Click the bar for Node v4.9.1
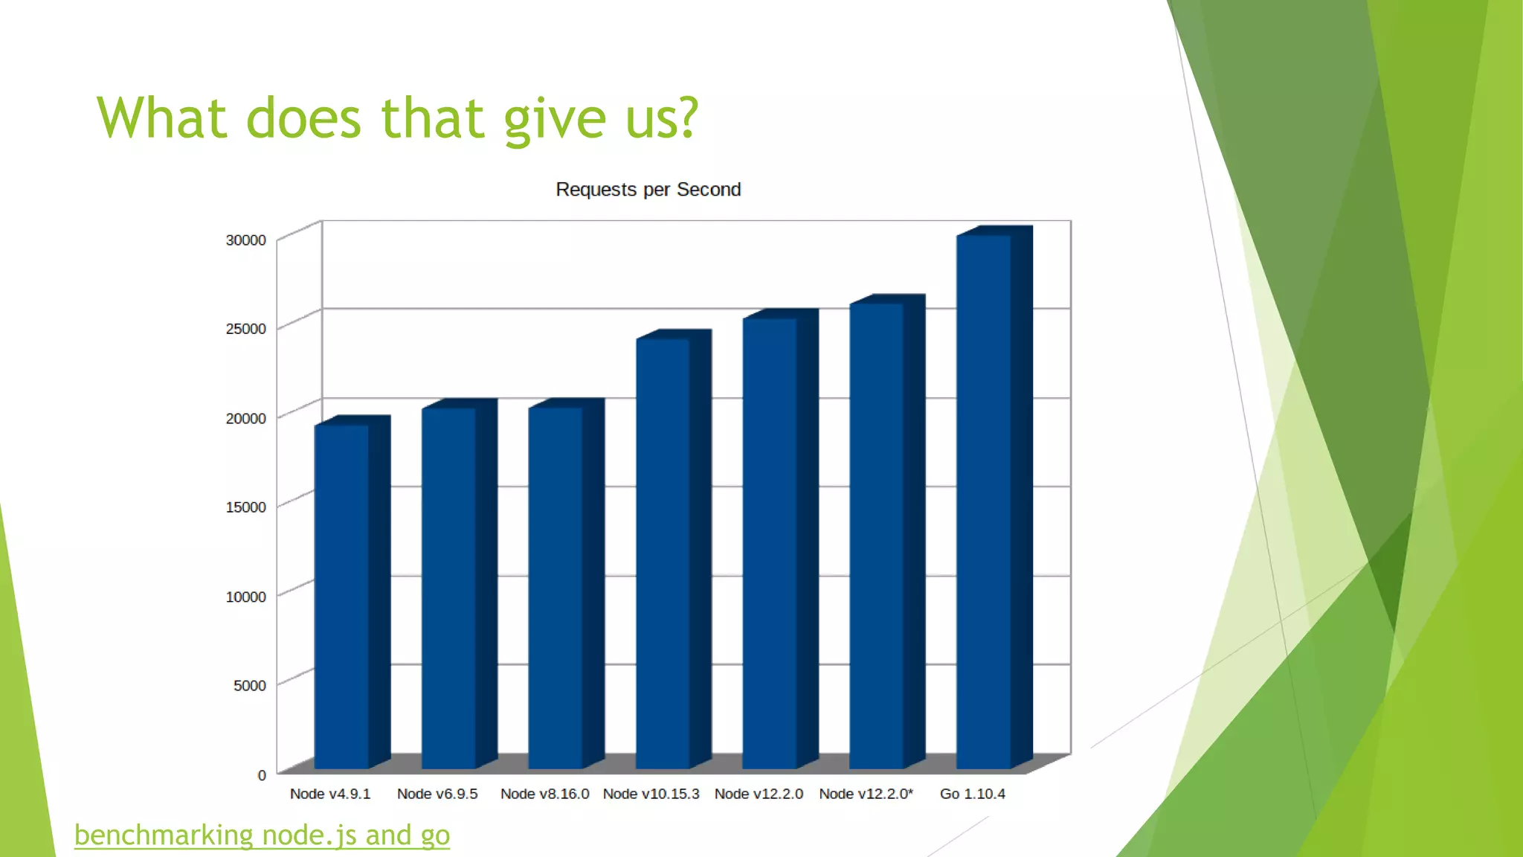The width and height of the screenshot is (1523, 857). tap(342, 595)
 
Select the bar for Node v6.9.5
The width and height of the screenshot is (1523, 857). tap(449, 588)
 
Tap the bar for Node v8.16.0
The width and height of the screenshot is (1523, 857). tap(556, 588)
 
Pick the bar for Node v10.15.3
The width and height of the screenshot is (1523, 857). tap(663, 554)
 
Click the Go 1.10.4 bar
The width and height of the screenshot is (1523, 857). tap(984, 502)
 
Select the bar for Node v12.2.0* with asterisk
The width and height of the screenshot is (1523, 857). tap(877, 536)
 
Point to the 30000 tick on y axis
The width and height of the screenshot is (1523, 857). tap(245, 240)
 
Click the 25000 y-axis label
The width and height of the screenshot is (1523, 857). tap(245, 329)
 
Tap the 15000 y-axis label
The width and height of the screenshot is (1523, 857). tap(245, 507)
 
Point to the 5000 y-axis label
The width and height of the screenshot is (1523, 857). tap(249, 685)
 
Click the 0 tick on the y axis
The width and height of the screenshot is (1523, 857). tap(262, 775)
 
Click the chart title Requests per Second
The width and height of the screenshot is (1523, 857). tap(648, 190)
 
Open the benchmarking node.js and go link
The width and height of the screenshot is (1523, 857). tap(262, 835)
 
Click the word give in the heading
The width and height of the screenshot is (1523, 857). tap(555, 119)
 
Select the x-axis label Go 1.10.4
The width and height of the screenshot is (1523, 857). tap(972, 794)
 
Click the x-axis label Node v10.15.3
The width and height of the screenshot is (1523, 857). tap(651, 794)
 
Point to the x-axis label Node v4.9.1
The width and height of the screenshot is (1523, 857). tap(330, 794)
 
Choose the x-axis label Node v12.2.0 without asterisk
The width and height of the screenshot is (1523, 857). tap(759, 794)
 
